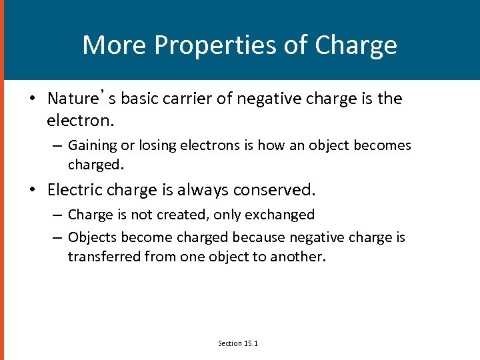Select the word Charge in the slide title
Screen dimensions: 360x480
tap(356, 45)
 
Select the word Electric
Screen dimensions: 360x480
tap(77, 190)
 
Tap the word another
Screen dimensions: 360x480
tap(298, 257)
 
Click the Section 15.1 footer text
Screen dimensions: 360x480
tap(238, 343)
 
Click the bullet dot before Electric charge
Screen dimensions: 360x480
tap(32, 191)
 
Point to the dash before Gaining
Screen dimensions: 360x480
tap(59, 146)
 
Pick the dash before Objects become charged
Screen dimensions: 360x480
tap(59, 238)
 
